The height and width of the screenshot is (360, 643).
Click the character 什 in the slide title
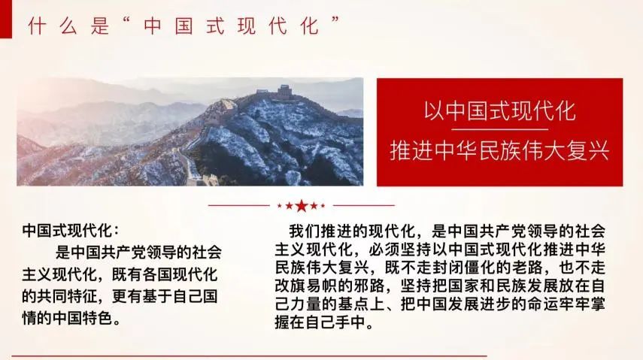37,26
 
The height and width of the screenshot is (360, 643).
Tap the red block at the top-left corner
6,19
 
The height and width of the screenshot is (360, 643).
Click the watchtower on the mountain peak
283,92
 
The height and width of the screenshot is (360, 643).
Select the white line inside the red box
499,129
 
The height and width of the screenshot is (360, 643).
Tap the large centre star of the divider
302,205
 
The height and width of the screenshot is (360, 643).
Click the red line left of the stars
239,205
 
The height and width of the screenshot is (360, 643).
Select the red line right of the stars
364,205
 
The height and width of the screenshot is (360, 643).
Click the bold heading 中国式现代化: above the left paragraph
71,231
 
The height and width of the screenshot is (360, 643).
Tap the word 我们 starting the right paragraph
305,231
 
